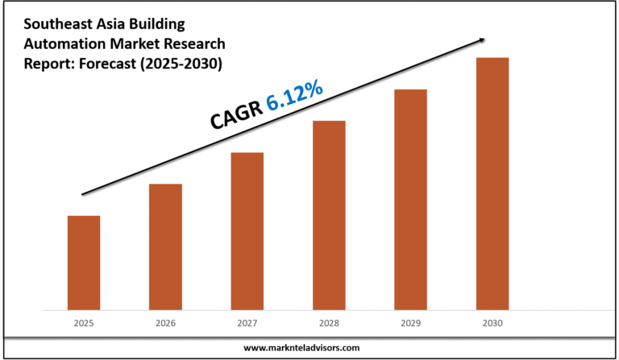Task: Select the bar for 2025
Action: (x=84, y=263)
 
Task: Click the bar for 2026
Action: (x=165, y=246)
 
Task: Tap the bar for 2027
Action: (x=247, y=230)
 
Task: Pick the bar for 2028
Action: (x=329, y=215)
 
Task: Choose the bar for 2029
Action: (x=410, y=199)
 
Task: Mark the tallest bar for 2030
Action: (x=492, y=184)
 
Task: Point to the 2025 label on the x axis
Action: (x=84, y=323)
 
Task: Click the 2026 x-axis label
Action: (x=165, y=323)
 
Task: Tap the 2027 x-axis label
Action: (x=247, y=323)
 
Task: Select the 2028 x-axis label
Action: (x=329, y=323)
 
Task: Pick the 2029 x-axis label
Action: (x=410, y=323)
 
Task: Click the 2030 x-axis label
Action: (x=492, y=323)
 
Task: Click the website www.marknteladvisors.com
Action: (x=309, y=348)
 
